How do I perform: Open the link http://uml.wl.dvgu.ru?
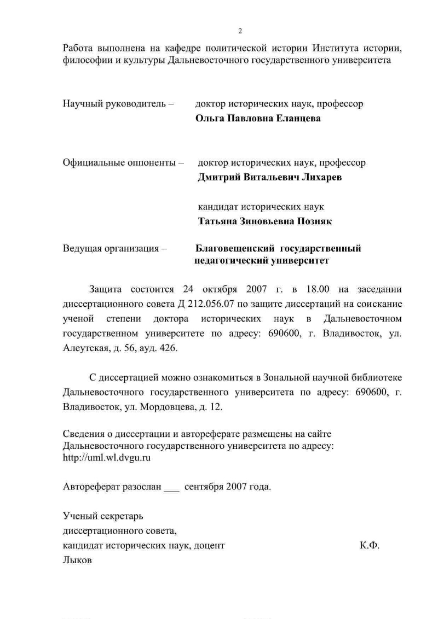(107, 458)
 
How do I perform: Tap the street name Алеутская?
(85, 348)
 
